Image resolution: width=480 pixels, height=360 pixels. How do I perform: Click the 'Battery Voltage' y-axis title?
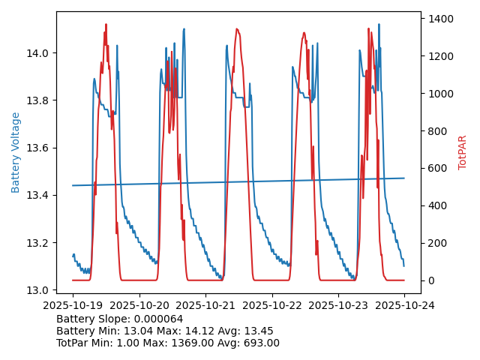[16, 152]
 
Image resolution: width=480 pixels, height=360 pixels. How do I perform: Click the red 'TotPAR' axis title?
[463, 152]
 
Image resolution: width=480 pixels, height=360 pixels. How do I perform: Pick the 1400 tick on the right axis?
[437, 19]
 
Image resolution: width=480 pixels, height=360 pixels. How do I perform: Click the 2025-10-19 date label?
[73, 305]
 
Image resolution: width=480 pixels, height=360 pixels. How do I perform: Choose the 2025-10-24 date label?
[404, 305]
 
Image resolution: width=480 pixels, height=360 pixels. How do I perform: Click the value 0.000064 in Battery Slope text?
[157, 319]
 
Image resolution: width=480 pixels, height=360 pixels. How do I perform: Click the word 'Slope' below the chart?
[113, 319]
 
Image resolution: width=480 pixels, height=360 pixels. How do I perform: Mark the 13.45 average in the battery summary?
[258, 331]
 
